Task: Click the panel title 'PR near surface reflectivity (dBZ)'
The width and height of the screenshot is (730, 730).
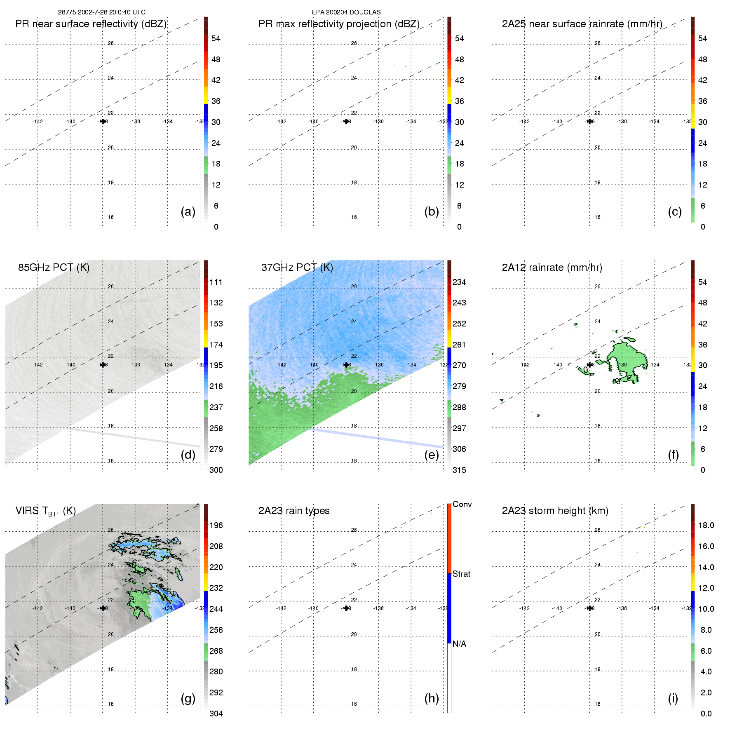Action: pos(91,24)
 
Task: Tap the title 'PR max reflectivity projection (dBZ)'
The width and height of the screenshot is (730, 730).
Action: pos(339,24)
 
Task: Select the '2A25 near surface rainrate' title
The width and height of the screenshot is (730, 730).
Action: pos(582,24)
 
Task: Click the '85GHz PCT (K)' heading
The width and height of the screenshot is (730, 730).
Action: pos(54,268)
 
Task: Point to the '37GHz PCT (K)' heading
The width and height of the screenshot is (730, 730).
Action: pos(297,268)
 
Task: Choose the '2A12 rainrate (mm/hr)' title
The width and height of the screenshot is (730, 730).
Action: pos(552,268)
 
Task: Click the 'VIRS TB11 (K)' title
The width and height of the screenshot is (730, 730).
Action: pos(45,511)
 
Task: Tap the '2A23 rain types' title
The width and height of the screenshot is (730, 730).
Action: pos(294,511)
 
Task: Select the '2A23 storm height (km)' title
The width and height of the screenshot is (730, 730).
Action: pos(555,511)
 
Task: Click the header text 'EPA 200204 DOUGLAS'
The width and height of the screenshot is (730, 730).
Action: pos(346,12)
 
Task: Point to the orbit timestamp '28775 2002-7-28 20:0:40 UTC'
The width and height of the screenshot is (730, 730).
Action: pos(101,12)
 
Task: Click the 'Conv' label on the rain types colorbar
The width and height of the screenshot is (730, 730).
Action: pos(462,505)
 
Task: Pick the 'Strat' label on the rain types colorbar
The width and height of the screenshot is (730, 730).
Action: pos(461,574)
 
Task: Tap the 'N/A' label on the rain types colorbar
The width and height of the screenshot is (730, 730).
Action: pos(459,644)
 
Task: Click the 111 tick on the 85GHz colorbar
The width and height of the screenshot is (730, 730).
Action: pos(216,282)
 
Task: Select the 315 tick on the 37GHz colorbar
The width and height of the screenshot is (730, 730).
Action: pos(459,470)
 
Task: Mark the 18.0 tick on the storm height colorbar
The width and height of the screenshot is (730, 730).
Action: pos(706,526)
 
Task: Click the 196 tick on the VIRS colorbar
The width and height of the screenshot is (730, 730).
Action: pos(216,526)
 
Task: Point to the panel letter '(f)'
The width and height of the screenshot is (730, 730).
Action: pos(673,455)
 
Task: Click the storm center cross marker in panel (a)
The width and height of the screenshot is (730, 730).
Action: pos(103,122)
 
